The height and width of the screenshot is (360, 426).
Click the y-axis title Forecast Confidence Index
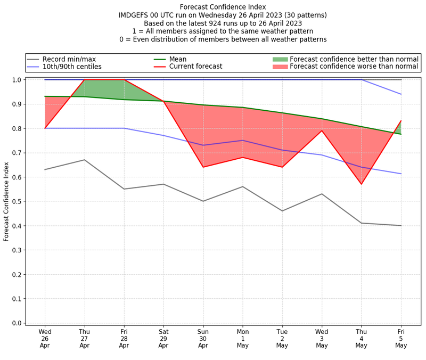[6, 201]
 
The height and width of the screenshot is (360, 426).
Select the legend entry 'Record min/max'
[68, 59]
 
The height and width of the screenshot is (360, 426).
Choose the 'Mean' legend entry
[177, 59]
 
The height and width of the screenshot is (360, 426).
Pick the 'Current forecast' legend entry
[195, 67]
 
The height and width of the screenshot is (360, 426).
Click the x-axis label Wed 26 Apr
[45, 338]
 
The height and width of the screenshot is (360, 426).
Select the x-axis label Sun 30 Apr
[203, 338]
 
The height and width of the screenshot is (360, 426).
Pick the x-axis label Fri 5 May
[401, 338]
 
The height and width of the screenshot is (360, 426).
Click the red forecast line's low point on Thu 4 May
[362, 184]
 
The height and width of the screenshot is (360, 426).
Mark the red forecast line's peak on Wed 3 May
[322, 130]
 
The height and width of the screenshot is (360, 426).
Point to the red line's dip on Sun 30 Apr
[203, 167]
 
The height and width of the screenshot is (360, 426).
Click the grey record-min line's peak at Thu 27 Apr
[84, 160]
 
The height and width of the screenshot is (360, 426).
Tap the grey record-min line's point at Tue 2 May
[282, 211]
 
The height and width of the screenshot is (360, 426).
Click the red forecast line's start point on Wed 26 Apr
[45, 128]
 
